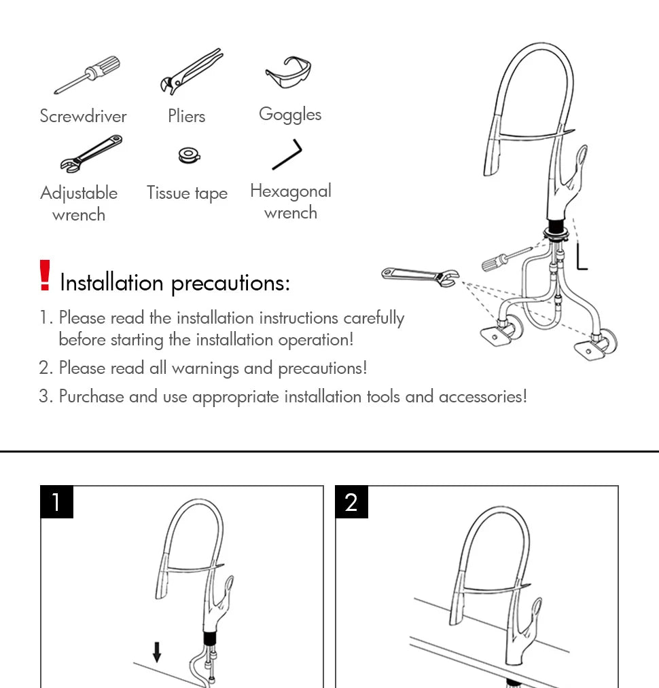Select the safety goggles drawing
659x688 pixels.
[288, 73]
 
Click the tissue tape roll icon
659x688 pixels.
[188, 155]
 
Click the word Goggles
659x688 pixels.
[290, 115]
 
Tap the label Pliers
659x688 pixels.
[186, 116]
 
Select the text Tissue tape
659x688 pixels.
[187, 193]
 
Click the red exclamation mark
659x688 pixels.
[45, 276]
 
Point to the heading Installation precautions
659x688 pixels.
[175, 282]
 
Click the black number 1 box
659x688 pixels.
[56, 502]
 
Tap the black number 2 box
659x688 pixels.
[351, 502]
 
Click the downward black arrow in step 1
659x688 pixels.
[157, 652]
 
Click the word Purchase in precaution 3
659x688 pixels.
[91, 396]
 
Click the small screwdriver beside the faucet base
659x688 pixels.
[505, 258]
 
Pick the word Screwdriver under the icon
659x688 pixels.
[83, 116]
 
